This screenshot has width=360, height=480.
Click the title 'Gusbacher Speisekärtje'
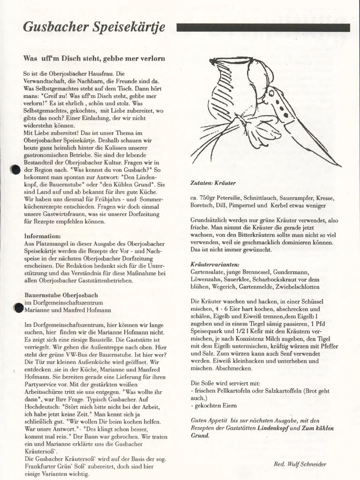94,28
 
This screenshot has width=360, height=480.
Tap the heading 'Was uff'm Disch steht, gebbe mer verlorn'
94,58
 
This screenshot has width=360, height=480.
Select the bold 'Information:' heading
42,236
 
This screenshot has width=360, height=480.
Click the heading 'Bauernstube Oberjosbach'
61,295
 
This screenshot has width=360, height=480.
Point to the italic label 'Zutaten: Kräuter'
213,183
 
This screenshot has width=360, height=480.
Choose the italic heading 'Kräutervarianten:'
215,264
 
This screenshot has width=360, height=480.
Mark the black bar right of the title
263,28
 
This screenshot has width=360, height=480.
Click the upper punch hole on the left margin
16,170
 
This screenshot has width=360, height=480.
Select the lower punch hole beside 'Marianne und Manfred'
18,307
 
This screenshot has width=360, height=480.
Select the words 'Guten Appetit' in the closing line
209,420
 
